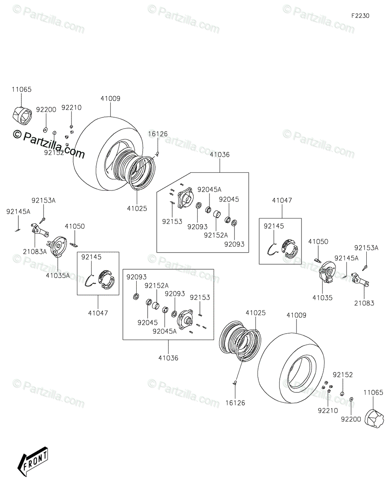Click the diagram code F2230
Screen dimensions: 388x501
point(360,16)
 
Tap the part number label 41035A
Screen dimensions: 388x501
point(58,275)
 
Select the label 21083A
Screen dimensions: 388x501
point(35,251)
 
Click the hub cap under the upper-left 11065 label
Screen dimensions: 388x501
point(22,116)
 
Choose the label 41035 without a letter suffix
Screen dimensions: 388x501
point(322,298)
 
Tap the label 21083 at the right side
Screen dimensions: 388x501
point(364,303)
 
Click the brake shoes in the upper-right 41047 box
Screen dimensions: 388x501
point(290,248)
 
